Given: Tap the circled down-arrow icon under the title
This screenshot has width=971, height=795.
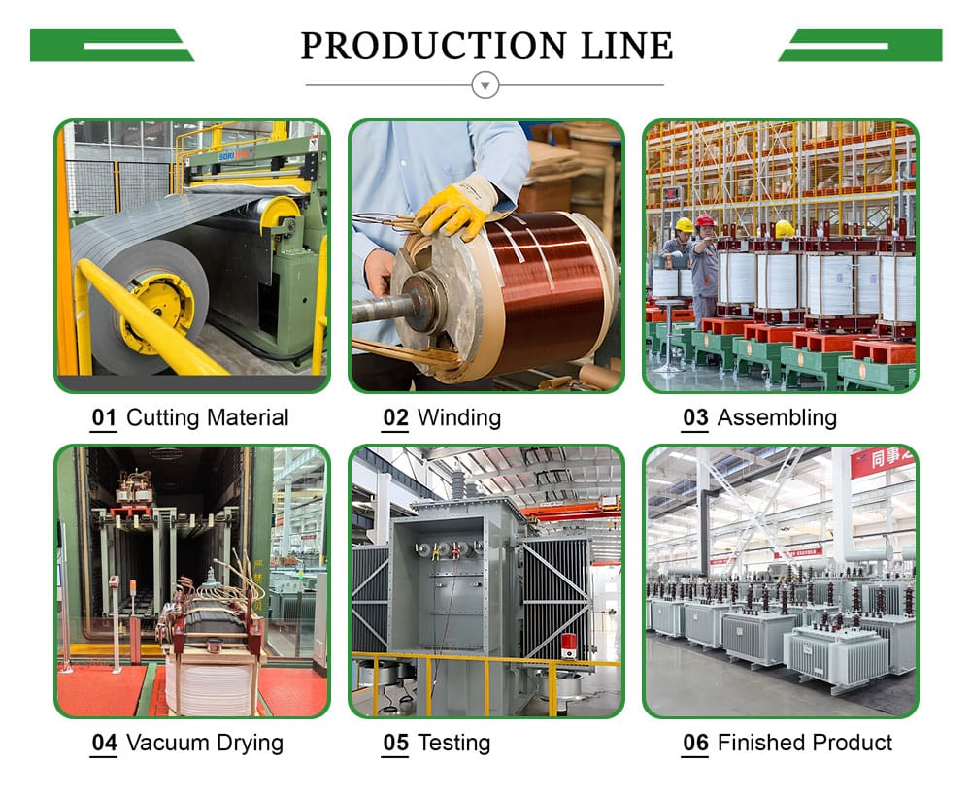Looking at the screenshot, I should point(485,85).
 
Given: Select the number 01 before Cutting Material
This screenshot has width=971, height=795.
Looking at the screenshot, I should point(104,418).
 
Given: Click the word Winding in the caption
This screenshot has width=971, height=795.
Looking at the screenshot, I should point(458,418).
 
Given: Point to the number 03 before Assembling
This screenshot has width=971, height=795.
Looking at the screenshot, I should point(695,418).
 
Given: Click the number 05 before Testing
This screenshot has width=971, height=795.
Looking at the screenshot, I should point(395,744).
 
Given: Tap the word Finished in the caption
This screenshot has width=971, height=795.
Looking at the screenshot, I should point(760,744).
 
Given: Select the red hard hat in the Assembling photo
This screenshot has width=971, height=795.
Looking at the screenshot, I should point(706,221).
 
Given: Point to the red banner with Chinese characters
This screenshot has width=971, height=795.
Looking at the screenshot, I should point(881,458).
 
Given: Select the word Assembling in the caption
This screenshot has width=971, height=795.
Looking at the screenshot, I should point(776,418).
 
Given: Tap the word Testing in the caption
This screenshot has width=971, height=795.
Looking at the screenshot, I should point(453,744).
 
